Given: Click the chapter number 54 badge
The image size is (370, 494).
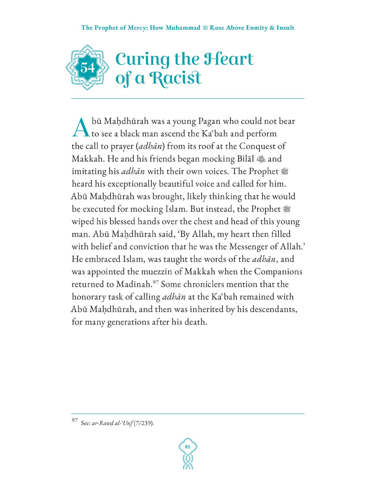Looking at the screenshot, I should click(88, 68).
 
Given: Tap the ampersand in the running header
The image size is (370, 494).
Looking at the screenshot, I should click(272, 28).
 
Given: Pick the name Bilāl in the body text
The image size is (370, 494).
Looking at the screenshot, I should click(245, 159).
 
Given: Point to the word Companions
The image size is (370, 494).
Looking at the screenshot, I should click(278, 272).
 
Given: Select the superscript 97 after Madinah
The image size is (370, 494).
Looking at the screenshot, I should click(156, 282).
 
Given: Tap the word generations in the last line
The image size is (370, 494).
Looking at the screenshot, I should click(129, 322).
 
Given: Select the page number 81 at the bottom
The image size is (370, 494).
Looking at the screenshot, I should click(187, 447).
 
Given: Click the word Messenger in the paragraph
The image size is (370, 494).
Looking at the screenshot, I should click(252, 247).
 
